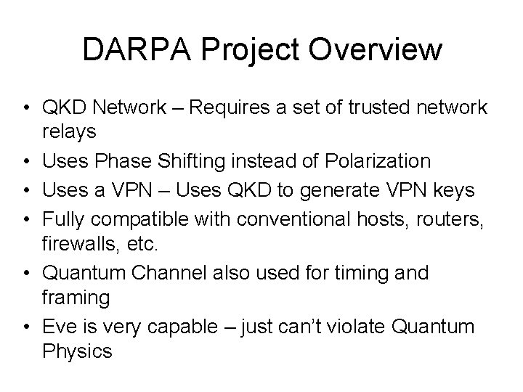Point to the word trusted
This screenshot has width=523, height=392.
tap(378, 108)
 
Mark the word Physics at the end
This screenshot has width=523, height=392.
tap(78, 352)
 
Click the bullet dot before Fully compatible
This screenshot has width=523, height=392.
tap(25, 216)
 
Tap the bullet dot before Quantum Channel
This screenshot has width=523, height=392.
tap(25, 273)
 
